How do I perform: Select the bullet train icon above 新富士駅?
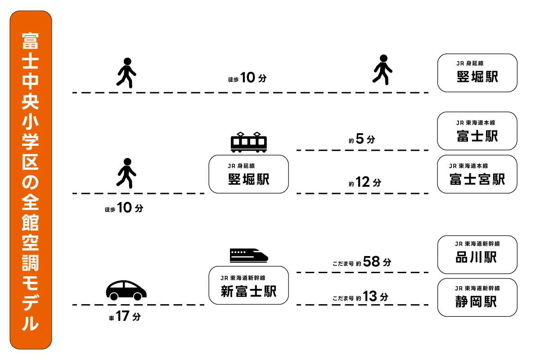[248, 255]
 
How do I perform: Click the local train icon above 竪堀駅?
[248, 142]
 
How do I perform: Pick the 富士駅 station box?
[477, 131]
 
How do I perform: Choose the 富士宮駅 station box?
[477, 174]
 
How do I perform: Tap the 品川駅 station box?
[477, 254]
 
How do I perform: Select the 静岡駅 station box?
[477, 297]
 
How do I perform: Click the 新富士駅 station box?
[248, 285]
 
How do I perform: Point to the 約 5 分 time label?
[361, 139]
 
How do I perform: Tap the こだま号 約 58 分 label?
[362, 262]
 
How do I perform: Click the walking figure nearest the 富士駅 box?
[382, 69]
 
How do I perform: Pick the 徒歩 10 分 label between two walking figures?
[247, 78]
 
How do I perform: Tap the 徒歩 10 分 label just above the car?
[123, 208]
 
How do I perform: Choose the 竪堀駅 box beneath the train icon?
[248, 174]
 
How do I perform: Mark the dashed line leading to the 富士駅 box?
[362, 150]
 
